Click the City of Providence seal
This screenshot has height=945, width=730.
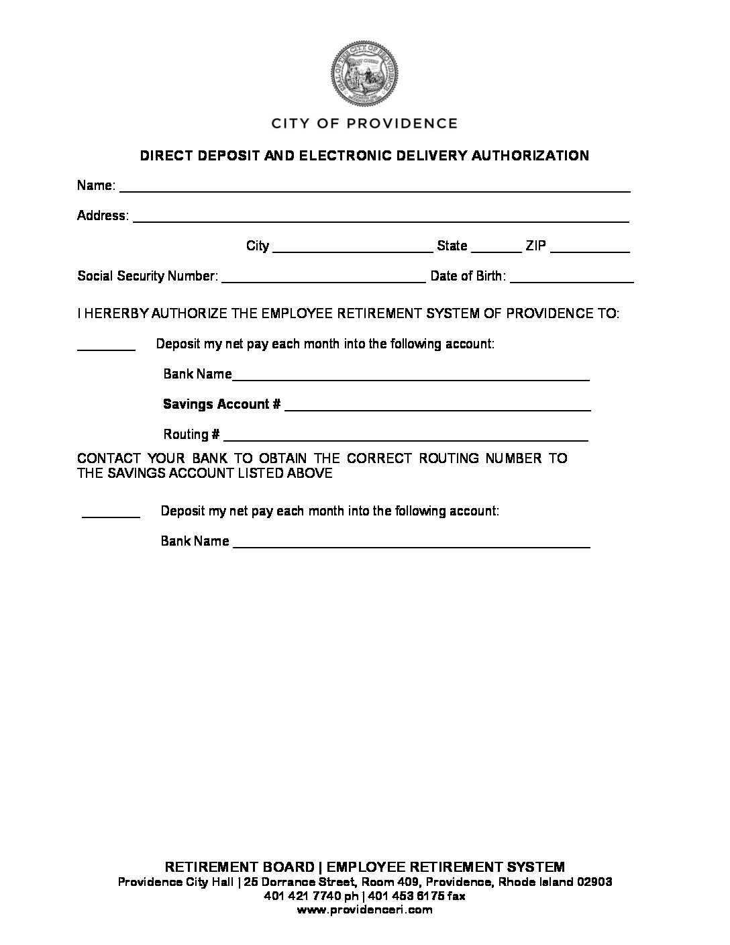(364, 74)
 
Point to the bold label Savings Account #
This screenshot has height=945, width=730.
(221, 404)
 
